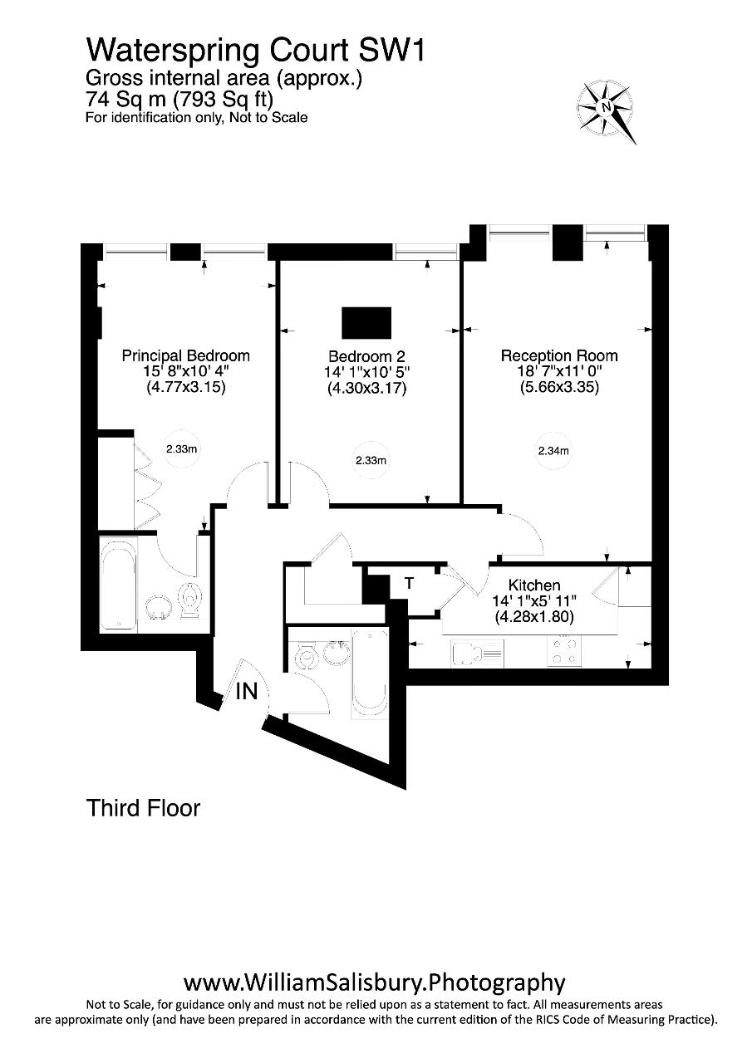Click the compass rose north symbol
coord(606,108)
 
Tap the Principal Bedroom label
coord(185,355)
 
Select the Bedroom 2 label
coord(366,356)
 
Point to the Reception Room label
coord(559,355)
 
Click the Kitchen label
coord(534,585)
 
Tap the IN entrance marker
coord(247,692)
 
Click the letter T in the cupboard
coord(409,583)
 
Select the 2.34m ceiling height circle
coord(553,451)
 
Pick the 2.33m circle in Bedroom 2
coord(371,460)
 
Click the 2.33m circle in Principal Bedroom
coord(181,448)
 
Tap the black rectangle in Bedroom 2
coord(366,323)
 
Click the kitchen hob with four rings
coord(564,651)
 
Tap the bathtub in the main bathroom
coord(370,674)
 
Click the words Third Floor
coord(143,808)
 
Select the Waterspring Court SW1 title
coord(255,51)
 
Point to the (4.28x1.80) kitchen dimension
coord(534,616)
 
